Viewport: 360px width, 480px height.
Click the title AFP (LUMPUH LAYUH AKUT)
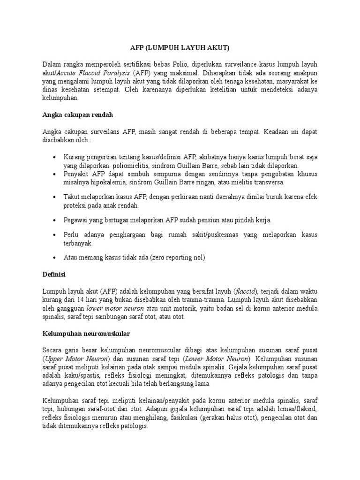[x=180, y=48]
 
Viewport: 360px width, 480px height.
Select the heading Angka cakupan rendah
[x=78, y=114]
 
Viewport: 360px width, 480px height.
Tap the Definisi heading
[x=54, y=273]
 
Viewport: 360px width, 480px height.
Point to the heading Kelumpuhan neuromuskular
[x=86, y=333]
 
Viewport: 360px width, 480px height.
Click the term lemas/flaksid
[x=298, y=410]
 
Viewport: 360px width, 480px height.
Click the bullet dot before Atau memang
[x=55, y=258]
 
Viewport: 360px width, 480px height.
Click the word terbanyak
[x=78, y=244]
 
